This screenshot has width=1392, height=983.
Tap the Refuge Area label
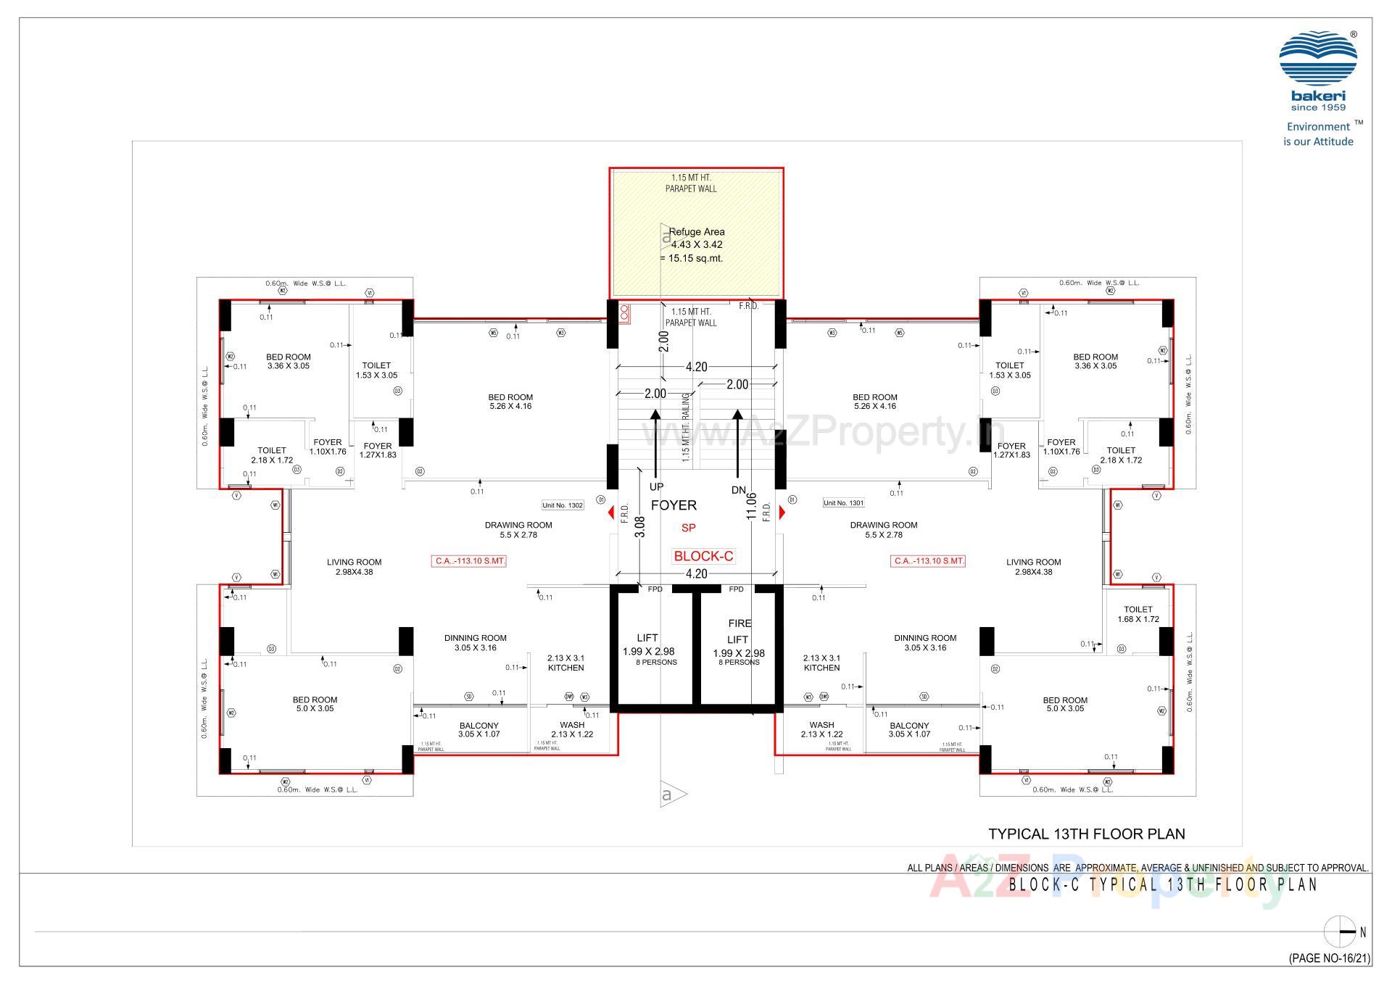696,232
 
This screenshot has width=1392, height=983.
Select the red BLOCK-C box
703,556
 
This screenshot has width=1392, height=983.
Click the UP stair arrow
655,442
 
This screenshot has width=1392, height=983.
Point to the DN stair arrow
737,442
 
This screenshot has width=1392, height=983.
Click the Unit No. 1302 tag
563,505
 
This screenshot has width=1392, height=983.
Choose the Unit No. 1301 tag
843,502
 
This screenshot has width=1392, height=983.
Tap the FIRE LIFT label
739,631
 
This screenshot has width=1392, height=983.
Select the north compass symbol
1339,932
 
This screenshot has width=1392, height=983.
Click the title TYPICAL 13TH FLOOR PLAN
1086,834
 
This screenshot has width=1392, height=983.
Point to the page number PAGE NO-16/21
1329,958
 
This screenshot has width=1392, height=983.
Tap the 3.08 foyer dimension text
639,526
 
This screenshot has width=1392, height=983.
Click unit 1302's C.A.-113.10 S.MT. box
469,561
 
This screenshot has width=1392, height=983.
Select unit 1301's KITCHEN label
821,668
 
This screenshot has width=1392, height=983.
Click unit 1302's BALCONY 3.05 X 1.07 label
478,729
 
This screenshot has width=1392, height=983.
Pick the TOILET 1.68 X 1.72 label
1138,614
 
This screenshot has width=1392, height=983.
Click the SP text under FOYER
688,528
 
